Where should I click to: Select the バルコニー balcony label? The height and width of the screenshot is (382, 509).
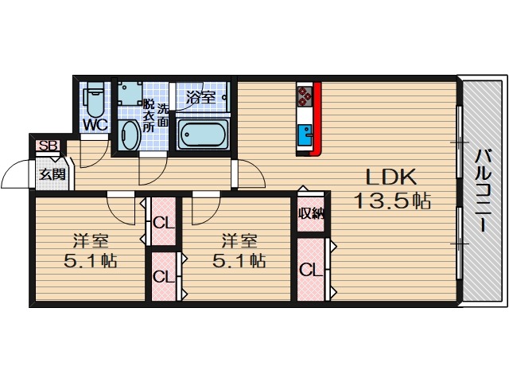coord(483,191)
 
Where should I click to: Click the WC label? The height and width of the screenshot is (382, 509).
coord(95,124)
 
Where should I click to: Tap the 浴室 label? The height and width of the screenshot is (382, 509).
coord(200,97)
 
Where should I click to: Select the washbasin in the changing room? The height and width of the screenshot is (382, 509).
coord(128,136)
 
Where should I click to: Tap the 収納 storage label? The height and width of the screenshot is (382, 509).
coord(310,212)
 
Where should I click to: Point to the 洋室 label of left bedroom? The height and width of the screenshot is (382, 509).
coord(91,240)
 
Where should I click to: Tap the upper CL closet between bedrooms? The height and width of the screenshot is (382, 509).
coord(164,222)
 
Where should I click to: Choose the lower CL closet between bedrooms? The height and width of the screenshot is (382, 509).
coord(164,277)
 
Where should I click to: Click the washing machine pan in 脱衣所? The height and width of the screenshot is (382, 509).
coord(130,97)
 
